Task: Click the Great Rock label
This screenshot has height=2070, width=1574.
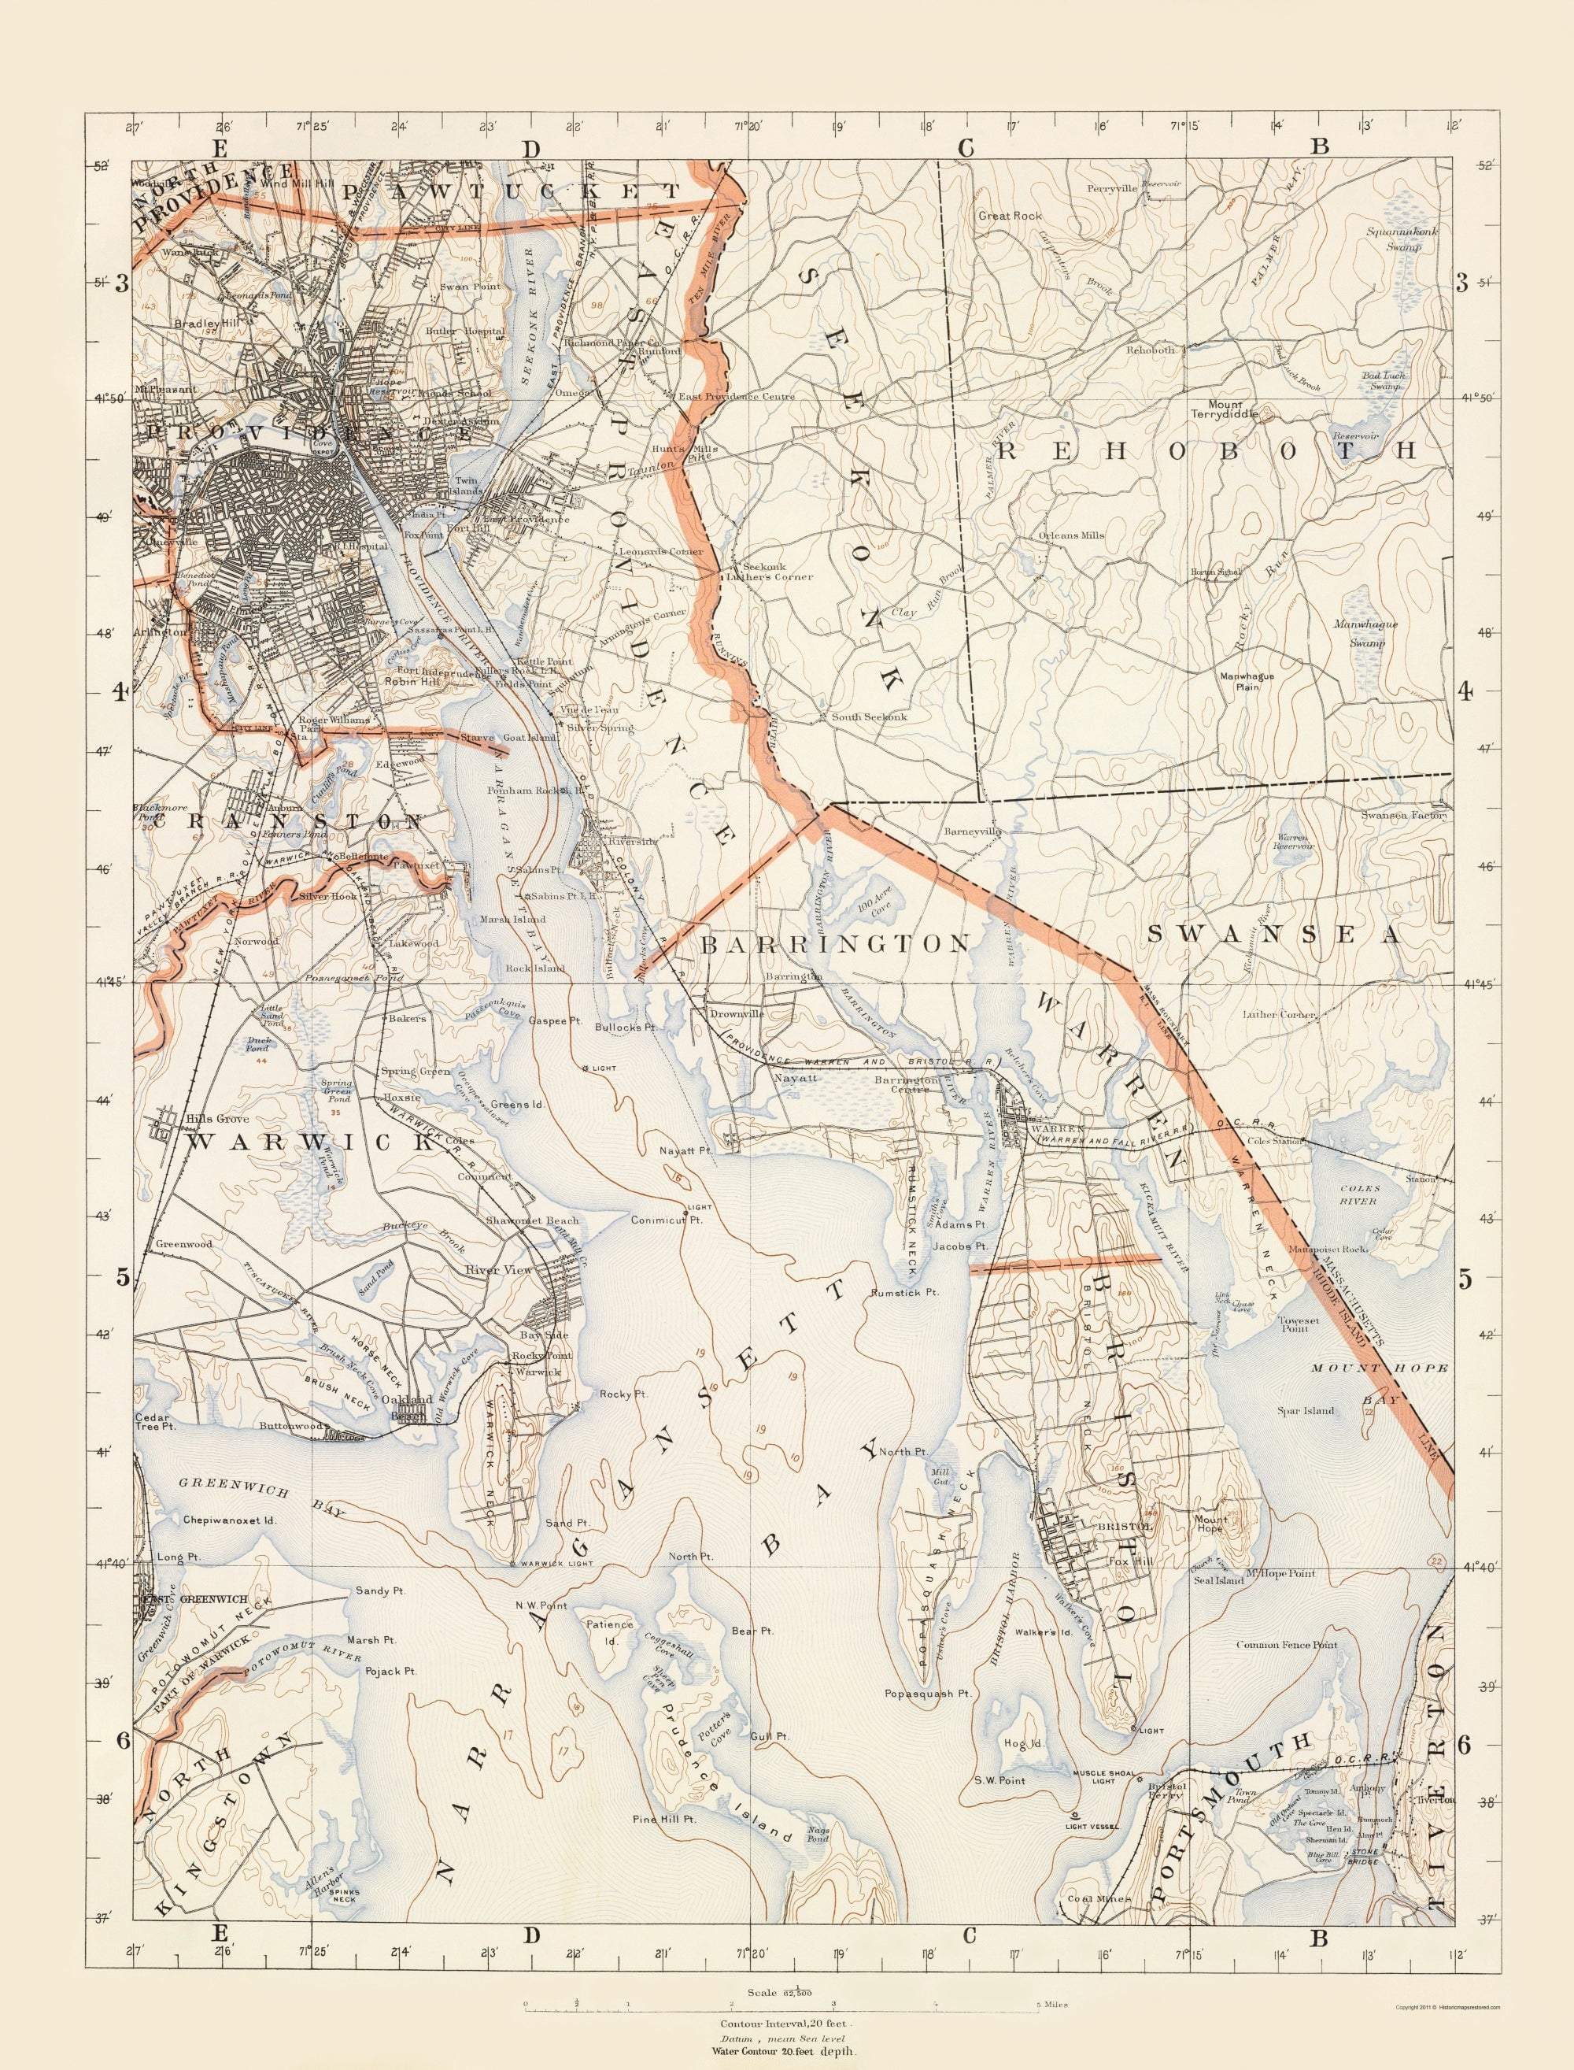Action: (x=1009, y=216)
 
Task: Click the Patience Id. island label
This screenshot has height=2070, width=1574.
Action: (x=610, y=1630)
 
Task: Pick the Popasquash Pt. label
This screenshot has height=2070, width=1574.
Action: (x=928, y=1694)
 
